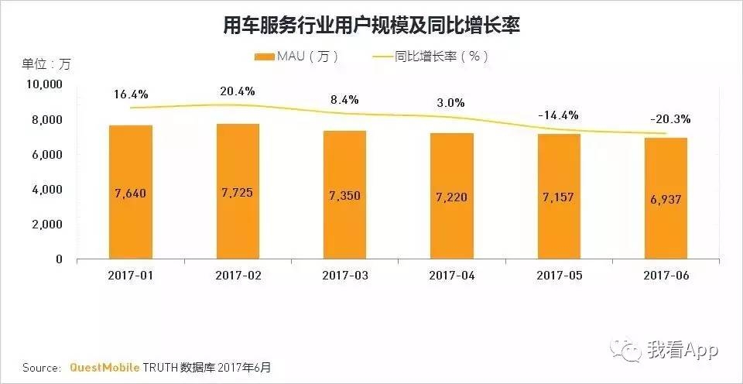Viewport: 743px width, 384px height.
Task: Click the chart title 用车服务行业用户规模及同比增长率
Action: click(x=371, y=26)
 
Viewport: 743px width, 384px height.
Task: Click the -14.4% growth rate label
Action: click(x=558, y=115)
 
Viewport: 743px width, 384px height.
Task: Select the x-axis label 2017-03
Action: click(x=344, y=275)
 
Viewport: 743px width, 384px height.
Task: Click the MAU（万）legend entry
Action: click(x=296, y=57)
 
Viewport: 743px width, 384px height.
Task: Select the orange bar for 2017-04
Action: click(x=451, y=196)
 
